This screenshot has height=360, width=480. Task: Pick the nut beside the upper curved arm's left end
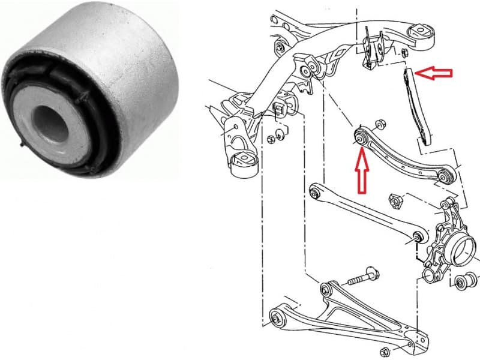click(x=379, y=125)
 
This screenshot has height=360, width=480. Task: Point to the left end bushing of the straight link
click(x=314, y=192)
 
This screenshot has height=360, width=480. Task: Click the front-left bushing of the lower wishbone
click(x=278, y=313)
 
